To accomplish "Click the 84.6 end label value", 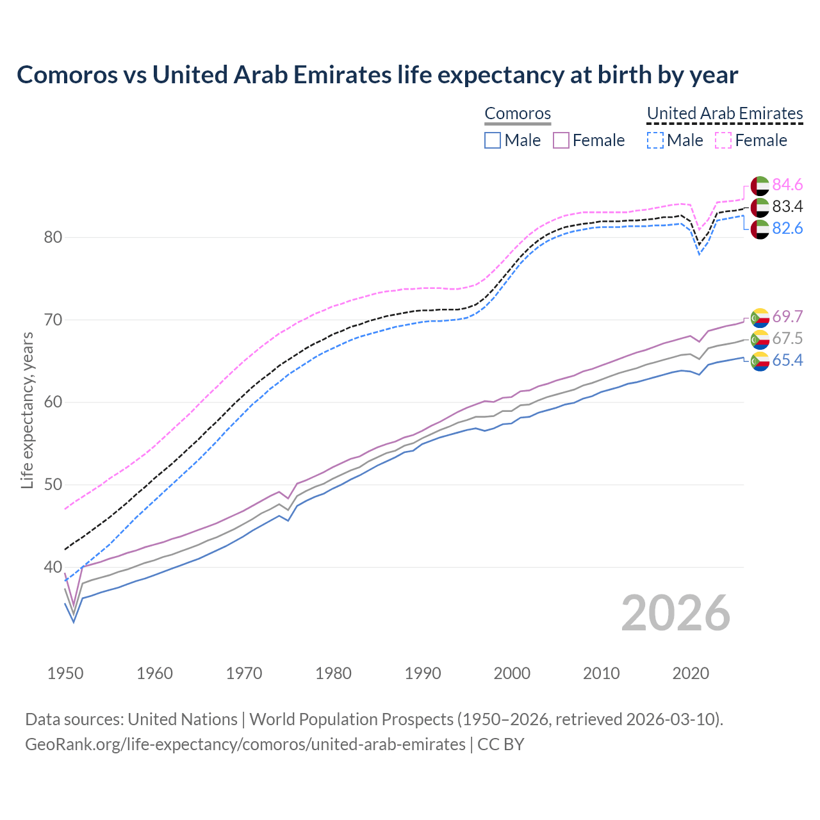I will (787, 185).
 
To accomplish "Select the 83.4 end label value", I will (787, 207).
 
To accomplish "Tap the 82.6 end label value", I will (787, 229).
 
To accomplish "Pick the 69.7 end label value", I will (787, 317).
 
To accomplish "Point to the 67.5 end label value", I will (787, 339).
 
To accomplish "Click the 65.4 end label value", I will (787, 361).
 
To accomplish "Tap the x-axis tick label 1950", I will (65, 673).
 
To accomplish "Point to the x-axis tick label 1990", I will (423, 673).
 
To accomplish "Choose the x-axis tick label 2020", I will (691, 673).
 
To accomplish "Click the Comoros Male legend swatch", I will (492, 140).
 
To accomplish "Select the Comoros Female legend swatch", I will (561, 140).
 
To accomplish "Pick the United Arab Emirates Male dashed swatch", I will (655, 140).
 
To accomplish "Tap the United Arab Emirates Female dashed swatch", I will (723, 140).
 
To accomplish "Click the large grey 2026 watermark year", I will (676, 613).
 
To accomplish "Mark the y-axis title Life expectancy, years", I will (28, 410).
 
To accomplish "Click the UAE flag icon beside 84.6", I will (759, 186).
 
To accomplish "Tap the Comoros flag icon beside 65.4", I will (759, 361).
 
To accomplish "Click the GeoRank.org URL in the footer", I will (245, 744).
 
